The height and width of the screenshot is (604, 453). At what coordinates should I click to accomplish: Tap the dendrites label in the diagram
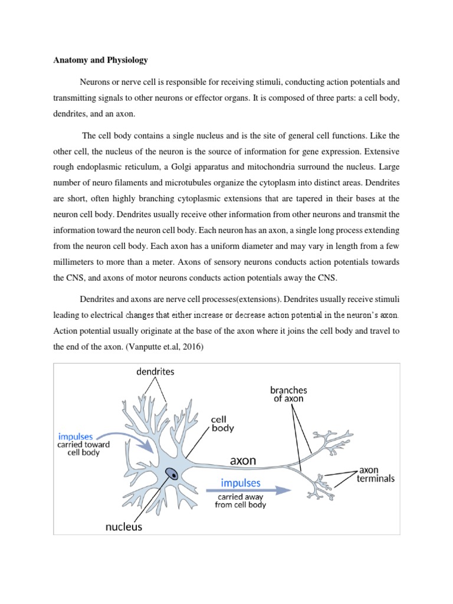point(155,372)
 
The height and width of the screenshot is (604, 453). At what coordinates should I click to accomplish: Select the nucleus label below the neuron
point(124,527)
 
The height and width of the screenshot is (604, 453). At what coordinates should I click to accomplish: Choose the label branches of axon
point(288,394)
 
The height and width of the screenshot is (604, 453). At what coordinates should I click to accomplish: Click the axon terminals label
point(376,475)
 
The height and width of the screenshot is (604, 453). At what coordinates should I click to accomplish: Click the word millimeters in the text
point(78,276)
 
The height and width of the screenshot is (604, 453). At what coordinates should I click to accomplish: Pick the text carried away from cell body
point(240,500)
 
